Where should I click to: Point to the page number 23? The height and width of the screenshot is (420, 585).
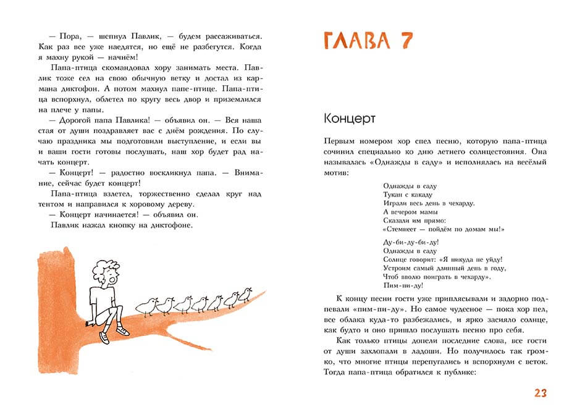pyautogui.click(x=541, y=393)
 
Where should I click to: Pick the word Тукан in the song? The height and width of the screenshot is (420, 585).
pyautogui.click(x=394, y=194)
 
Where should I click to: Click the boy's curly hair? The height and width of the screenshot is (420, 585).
pyautogui.click(x=105, y=271)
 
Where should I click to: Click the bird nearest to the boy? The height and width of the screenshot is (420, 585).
pyautogui.click(x=146, y=306)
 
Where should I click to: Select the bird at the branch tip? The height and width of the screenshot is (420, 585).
pyautogui.click(x=246, y=293)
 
